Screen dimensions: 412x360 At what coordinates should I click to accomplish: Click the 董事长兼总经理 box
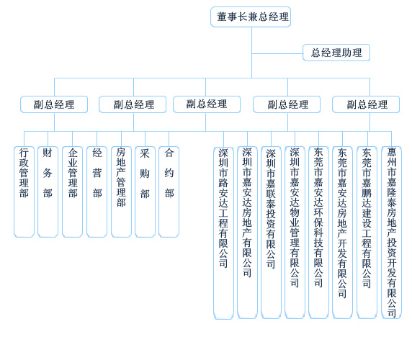[251, 17]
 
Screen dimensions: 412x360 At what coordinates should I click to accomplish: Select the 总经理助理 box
[336, 53]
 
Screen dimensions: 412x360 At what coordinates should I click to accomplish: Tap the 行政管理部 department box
[24, 192]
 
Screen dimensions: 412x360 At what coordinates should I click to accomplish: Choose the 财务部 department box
[48, 192]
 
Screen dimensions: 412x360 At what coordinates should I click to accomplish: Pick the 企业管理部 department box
[73, 192]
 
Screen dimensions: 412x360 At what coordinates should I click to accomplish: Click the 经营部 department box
[97, 192]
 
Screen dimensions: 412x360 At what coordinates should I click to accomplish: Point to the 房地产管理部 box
[122, 192]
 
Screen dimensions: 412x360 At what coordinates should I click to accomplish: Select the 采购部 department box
[145, 192]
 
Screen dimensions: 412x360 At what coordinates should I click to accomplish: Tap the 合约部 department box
[169, 192]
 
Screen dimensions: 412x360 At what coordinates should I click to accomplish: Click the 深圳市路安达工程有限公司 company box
[223, 233]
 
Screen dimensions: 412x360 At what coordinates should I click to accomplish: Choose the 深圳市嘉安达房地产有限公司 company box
[247, 233]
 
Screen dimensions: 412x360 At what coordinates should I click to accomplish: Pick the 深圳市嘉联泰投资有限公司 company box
[271, 233]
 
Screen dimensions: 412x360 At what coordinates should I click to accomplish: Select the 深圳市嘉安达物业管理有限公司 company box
[295, 233]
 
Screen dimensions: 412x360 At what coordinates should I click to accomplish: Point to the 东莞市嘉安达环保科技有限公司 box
[318, 233]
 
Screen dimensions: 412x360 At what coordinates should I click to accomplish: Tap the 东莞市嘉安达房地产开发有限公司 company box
[342, 233]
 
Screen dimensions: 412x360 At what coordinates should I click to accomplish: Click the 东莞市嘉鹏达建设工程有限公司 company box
[367, 233]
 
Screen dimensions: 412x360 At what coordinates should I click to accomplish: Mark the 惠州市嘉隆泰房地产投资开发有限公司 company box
[392, 233]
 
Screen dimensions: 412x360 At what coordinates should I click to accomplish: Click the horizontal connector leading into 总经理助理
[277, 54]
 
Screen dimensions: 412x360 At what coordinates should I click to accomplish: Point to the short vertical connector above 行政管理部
[24, 139]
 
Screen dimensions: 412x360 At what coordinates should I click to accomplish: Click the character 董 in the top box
[222, 17]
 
